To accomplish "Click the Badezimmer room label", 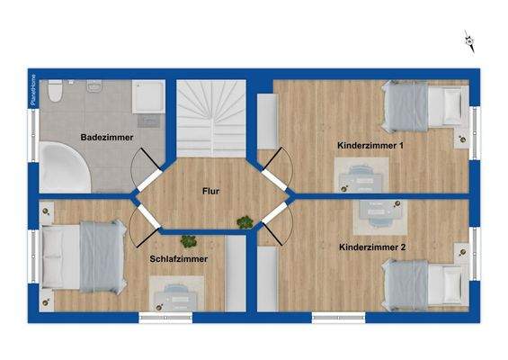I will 106,138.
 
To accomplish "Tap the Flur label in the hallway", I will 211,191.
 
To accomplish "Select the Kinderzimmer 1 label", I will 370,145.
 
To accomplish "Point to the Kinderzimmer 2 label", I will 372,247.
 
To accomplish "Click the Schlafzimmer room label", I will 179,258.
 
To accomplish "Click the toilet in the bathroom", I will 54,91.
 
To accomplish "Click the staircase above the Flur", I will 211,117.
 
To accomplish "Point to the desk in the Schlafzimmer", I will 175,291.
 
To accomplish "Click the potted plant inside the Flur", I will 245,221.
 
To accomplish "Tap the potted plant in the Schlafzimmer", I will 188,240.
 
